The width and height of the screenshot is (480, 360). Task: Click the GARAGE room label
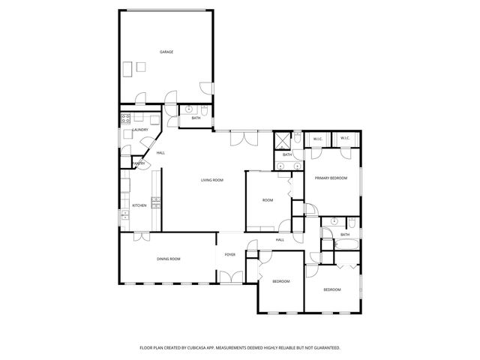[x=166, y=52]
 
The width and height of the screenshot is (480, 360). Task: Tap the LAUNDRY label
[x=140, y=130]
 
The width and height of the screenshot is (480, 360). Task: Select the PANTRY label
[x=138, y=163]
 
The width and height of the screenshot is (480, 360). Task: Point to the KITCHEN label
[x=139, y=205]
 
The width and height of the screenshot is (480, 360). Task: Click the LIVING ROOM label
[x=212, y=180]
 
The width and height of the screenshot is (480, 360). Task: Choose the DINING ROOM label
[x=169, y=259]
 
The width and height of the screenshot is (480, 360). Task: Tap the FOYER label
[x=229, y=254]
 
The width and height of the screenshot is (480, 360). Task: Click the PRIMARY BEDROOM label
[x=331, y=178]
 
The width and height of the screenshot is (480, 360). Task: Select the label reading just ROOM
[x=267, y=200]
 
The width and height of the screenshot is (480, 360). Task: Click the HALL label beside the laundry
[x=160, y=153]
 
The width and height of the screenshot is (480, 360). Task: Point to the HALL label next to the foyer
[x=279, y=240]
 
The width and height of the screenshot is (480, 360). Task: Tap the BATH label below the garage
[x=196, y=118]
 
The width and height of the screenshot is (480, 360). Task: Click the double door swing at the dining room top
[x=141, y=235]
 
